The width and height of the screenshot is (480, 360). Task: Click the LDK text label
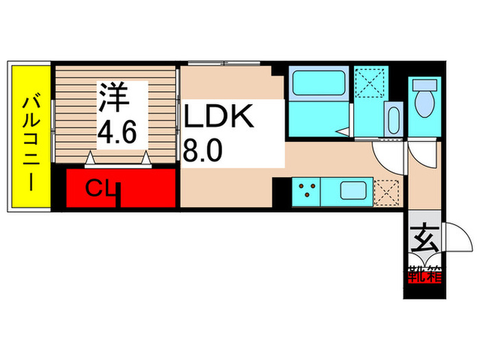click(219, 117)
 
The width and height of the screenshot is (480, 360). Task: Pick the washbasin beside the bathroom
click(394, 120)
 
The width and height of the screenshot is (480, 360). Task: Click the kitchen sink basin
click(356, 190)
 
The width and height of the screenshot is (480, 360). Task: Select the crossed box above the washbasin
click(372, 85)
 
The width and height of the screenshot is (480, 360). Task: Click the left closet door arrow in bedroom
click(91, 158)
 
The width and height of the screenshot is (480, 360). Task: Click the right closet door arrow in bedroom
click(146, 158)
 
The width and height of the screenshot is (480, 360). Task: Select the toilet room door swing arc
click(422, 152)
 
